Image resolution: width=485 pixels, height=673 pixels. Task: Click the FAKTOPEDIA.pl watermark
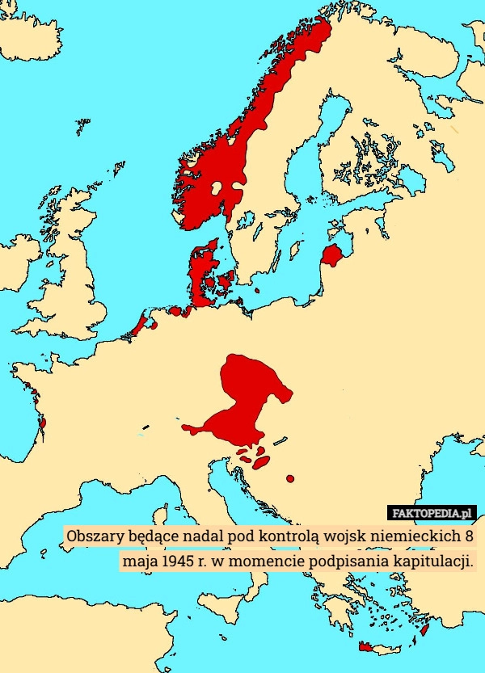tap(432, 513)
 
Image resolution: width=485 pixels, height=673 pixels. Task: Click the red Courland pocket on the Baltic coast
tap(332, 255)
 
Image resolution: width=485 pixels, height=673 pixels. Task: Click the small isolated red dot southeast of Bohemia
tap(290, 479)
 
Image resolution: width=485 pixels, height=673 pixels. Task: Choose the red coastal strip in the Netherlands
tap(143, 326)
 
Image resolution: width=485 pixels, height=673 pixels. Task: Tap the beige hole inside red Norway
tap(217, 189)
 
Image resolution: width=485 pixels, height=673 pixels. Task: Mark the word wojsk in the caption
tap(340, 536)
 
